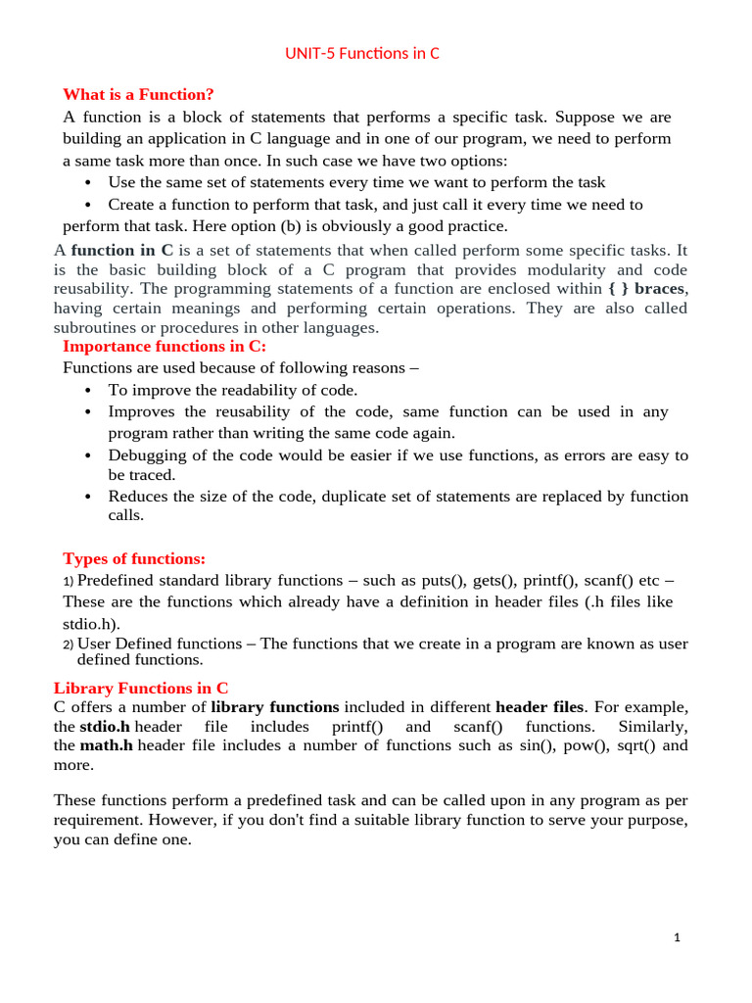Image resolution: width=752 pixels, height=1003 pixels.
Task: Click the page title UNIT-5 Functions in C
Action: click(x=361, y=53)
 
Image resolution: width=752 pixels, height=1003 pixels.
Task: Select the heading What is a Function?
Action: click(x=138, y=94)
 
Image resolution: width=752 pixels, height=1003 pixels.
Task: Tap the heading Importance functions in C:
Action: click(x=164, y=346)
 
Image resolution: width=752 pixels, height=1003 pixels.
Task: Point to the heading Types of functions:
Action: click(x=134, y=558)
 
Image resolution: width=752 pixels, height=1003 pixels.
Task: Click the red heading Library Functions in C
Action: click(x=141, y=688)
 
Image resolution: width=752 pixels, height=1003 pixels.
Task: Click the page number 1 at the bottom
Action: click(x=677, y=937)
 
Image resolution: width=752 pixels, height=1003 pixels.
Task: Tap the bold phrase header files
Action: click(x=540, y=706)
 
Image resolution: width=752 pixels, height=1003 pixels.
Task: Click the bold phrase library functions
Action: click(x=275, y=706)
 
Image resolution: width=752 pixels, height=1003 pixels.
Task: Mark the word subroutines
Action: click(x=95, y=327)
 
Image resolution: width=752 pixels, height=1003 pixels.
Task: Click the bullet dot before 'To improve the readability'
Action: click(x=88, y=391)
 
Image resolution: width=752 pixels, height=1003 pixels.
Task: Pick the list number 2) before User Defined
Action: click(x=68, y=645)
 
